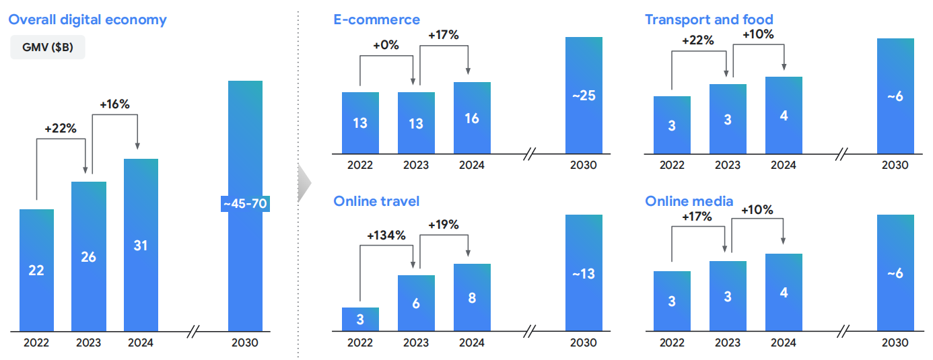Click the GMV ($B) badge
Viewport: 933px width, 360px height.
tap(47, 47)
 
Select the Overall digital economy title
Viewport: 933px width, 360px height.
tap(88, 19)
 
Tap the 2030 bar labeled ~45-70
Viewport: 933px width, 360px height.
tap(245, 205)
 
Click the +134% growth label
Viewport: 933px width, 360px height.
tap(386, 235)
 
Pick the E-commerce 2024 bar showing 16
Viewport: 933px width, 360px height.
tap(472, 118)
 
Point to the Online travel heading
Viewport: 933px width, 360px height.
tap(376, 201)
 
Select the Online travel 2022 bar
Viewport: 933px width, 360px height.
tap(360, 319)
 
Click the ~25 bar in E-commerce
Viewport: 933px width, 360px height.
tap(584, 95)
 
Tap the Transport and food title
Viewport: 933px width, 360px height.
tap(709, 19)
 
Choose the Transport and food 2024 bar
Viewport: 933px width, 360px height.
tap(784, 115)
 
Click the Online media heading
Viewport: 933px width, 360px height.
tap(689, 201)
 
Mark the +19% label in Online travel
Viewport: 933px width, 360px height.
tap(444, 225)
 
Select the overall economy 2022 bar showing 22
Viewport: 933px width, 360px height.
tap(36, 270)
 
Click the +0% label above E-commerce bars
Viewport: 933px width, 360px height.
tap(386, 46)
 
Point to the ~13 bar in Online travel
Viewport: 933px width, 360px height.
tap(584, 273)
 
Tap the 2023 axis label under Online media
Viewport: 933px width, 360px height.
tap(728, 343)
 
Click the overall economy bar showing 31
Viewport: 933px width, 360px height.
tap(141, 245)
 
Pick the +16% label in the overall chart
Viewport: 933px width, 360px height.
tap(114, 104)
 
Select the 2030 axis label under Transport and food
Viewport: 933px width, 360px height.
tap(895, 165)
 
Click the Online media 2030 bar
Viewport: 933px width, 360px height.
tap(895, 273)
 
